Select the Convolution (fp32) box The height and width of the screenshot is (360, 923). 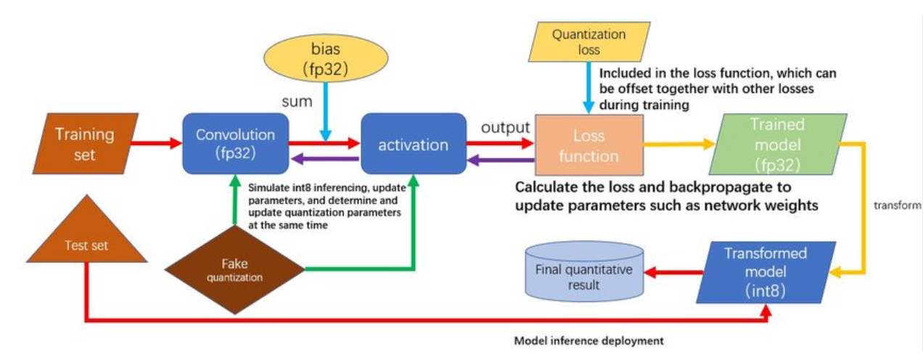235,143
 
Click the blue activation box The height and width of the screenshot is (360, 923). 413,144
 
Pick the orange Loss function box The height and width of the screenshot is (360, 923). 588,145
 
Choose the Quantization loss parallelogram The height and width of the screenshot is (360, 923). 588,41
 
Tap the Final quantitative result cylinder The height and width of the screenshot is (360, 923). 584,276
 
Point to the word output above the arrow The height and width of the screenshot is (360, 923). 505,128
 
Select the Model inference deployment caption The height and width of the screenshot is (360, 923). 588,340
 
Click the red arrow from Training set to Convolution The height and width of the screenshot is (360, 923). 158,143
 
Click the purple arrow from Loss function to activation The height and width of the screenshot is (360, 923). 501,160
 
